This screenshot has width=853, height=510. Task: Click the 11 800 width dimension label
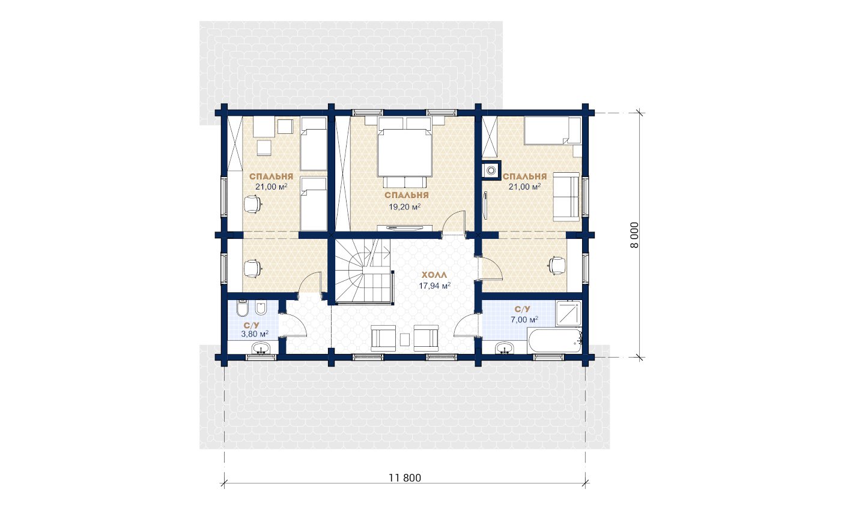click(x=405, y=478)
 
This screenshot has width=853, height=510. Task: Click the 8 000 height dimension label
click(x=634, y=235)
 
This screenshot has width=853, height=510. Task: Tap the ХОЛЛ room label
click(x=434, y=275)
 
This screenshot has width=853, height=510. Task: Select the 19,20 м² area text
click(x=404, y=207)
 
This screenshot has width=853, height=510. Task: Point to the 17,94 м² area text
click(x=435, y=286)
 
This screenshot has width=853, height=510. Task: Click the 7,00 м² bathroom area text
click(x=524, y=319)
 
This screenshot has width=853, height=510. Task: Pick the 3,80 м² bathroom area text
click(x=255, y=334)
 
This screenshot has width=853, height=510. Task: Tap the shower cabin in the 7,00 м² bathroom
click(x=569, y=313)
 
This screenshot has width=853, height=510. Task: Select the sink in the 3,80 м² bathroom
click(x=261, y=348)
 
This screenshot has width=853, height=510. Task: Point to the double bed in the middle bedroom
click(x=405, y=152)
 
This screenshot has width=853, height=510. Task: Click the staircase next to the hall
click(x=363, y=271)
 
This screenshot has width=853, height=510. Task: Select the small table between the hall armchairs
click(x=405, y=340)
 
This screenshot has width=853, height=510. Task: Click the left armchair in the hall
click(x=383, y=338)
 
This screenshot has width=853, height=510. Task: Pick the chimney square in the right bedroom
click(x=491, y=170)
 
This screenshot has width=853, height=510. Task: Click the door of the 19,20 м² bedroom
click(x=454, y=223)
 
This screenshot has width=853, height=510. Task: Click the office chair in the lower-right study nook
click(x=556, y=265)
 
